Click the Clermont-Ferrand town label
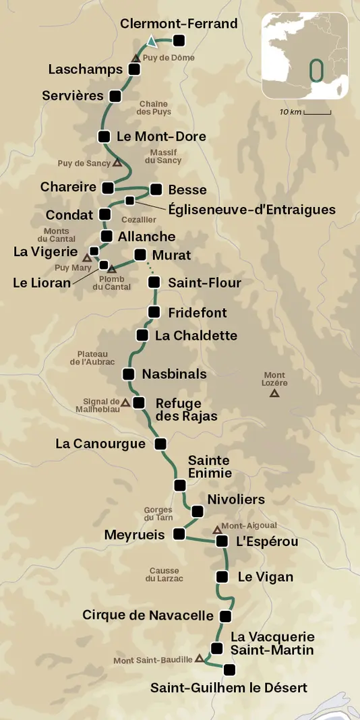tap(179, 24)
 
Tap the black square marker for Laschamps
tap(134, 69)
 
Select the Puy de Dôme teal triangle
tap(153, 42)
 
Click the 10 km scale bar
tap(317, 113)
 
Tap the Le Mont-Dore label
tap(161, 136)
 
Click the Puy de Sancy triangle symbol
tap(117, 163)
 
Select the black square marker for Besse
tap(156, 189)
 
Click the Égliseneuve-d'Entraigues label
tap(252, 210)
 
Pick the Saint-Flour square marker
tap(154, 282)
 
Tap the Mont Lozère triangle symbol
tap(274, 393)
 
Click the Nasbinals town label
tap(174, 373)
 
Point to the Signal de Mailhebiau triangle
tap(125, 403)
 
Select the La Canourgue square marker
tap(160, 444)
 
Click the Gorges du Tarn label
tap(159, 514)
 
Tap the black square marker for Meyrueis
tap(179, 534)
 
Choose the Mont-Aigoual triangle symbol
tap(217, 530)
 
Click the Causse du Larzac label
tap(164, 574)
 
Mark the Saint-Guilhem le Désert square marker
tap(229, 669)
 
